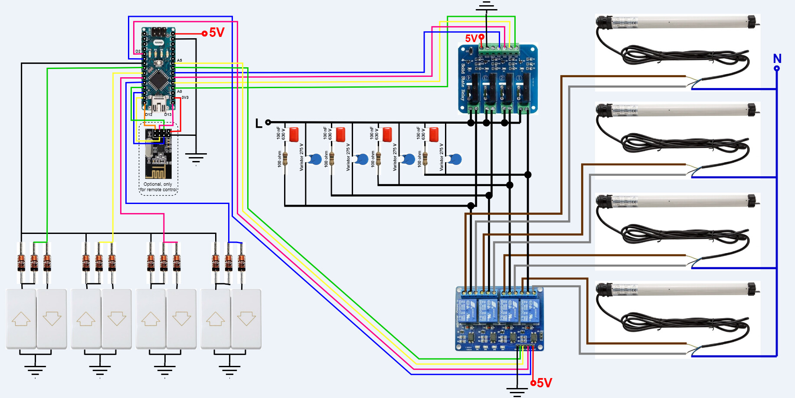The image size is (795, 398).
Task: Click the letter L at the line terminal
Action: click(x=258, y=124)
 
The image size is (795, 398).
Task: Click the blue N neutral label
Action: click(x=777, y=58)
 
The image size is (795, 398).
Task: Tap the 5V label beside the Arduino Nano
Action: click(x=217, y=33)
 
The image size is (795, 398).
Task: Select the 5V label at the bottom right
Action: click(x=544, y=383)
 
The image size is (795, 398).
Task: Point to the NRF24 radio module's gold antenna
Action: click(x=156, y=173)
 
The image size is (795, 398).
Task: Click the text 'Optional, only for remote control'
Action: click(x=158, y=187)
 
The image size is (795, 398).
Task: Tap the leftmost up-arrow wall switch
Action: click(x=21, y=319)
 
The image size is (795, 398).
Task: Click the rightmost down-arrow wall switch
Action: click(x=246, y=319)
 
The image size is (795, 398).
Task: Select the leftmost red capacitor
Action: click(x=294, y=134)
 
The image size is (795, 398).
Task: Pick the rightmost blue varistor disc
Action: click(x=455, y=159)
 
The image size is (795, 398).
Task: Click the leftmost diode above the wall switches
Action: click(x=21, y=263)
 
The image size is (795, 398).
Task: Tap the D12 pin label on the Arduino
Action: click(x=148, y=115)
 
